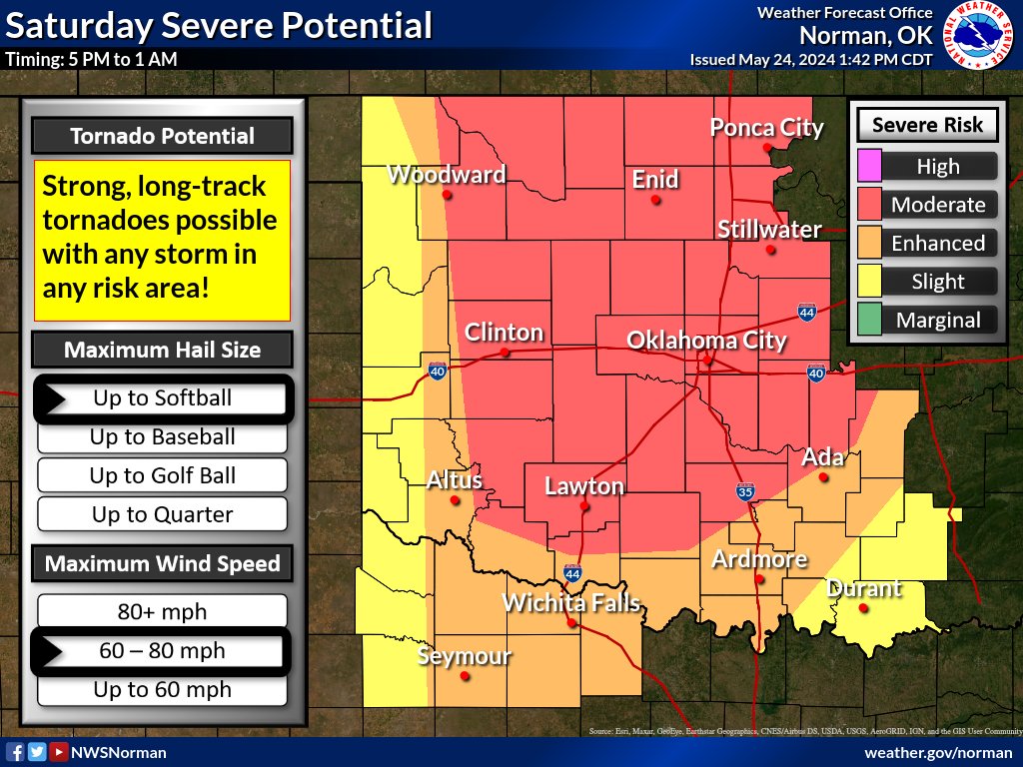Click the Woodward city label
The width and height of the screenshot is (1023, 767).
click(x=446, y=175)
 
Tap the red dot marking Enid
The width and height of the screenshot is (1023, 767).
click(x=656, y=200)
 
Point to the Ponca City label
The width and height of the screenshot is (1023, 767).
click(x=766, y=128)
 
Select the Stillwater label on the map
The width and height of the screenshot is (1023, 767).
click(x=769, y=230)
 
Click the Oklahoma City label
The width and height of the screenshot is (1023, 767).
click(x=706, y=341)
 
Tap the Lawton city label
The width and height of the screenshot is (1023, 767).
click(x=583, y=487)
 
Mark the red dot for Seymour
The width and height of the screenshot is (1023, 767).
click(x=465, y=676)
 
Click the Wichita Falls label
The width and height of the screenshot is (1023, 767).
click(x=570, y=603)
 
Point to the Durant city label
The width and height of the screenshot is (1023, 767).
click(x=864, y=588)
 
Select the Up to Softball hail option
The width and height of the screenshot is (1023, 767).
click(x=162, y=398)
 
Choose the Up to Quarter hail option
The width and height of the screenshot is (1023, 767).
click(x=162, y=515)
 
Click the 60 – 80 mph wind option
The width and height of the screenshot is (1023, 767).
click(x=162, y=651)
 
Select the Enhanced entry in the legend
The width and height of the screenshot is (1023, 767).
click(x=937, y=244)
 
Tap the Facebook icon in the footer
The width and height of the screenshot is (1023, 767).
click(x=15, y=752)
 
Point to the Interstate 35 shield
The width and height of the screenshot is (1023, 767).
click(x=745, y=491)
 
